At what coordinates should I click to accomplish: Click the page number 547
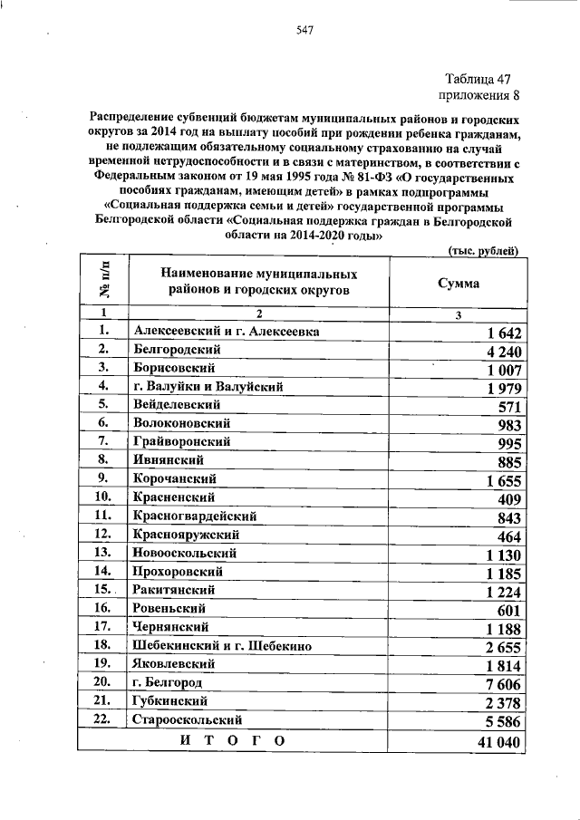(304, 31)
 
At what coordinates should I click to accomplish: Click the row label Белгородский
(179, 349)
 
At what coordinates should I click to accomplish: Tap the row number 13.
(101, 552)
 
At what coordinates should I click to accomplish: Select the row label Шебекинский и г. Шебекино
(222, 645)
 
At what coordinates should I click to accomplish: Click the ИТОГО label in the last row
(233, 739)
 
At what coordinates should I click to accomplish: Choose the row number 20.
(101, 681)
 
